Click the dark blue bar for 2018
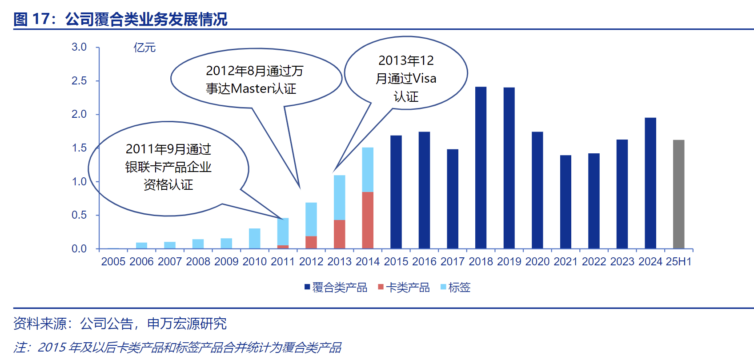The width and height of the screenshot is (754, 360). click(x=481, y=168)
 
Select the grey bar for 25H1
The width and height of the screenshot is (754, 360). click(x=678, y=194)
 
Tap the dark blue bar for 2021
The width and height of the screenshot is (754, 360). click(x=565, y=202)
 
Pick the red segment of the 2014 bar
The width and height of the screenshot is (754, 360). click(x=368, y=220)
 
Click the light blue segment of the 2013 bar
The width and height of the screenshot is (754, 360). click(x=339, y=197)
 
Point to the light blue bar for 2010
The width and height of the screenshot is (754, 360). click(x=255, y=238)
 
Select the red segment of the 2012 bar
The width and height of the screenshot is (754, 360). click(x=311, y=242)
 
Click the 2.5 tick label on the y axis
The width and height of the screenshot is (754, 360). click(x=79, y=81)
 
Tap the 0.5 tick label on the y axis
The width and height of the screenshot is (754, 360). click(x=79, y=215)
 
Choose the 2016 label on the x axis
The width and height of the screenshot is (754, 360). click(x=424, y=261)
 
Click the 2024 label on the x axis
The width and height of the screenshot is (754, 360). click(x=650, y=261)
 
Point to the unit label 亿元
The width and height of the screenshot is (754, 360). click(x=144, y=48)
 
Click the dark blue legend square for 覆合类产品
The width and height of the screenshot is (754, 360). click(x=307, y=287)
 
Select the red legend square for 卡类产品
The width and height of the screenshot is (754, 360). click(x=381, y=287)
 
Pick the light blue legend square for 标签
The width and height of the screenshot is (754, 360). click(x=443, y=287)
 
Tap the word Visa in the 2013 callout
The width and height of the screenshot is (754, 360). click(x=424, y=79)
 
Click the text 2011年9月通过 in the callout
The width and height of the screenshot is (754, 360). click(x=168, y=149)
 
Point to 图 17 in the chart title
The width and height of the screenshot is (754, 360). click(x=31, y=19)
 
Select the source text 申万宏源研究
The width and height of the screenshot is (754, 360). click(x=187, y=324)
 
